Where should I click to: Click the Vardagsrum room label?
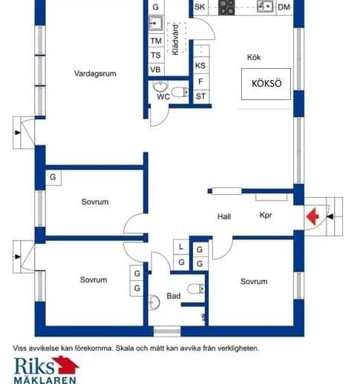pos(95,73)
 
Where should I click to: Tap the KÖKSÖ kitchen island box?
pos(266,84)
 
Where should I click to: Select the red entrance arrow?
pos(312,216)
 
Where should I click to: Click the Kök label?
pos(254,57)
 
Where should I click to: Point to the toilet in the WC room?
pos(180,92)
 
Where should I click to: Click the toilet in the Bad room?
pos(196,288)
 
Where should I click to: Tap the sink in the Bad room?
pos(154,302)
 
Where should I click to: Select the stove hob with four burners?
pos(226,7)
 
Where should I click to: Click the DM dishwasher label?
pos(284,7)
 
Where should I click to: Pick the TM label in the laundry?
pos(156,41)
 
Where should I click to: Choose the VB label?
pos(155,70)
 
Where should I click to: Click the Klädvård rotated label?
pos(175,39)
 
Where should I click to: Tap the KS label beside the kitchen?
pos(200,66)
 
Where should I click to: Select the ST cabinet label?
pos(200,96)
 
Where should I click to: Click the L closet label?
pos(181,247)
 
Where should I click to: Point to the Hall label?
pos(224,216)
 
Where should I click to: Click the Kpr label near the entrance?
pos(266,215)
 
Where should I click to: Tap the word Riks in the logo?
pos(34,365)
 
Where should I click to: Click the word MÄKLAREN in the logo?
pos(45,380)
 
